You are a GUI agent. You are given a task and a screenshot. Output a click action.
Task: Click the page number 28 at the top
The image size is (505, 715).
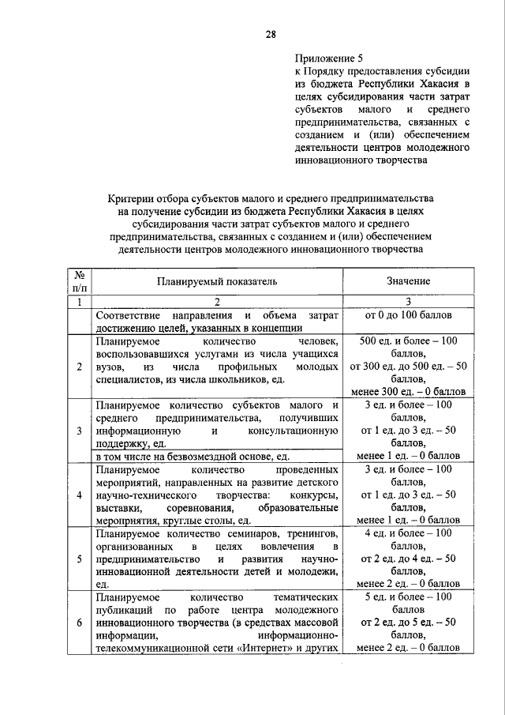click(271, 33)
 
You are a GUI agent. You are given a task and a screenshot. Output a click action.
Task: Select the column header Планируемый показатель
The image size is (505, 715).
click(216, 281)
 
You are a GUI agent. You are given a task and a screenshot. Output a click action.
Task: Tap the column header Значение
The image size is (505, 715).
click(408, 281)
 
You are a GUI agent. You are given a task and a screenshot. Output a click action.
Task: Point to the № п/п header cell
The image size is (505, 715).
click(79, 281)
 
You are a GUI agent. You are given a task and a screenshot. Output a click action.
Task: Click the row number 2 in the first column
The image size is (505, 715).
click(79, 367)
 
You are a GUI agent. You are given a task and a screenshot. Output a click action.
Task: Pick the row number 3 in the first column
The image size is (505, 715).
click(79, 431)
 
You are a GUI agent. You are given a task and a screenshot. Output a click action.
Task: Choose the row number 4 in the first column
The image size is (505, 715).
click(79, 495)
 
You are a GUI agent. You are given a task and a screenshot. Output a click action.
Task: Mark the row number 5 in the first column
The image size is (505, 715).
click(79, 559)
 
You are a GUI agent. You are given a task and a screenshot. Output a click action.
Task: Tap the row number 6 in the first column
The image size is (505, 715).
click(79, 623)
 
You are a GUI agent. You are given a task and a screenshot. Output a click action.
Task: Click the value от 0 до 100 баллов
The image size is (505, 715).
click(408, 316)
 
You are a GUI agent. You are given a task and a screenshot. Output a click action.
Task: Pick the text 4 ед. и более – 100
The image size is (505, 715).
click(408, 533)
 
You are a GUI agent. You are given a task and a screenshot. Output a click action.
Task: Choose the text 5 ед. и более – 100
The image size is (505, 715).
click(408, 597)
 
